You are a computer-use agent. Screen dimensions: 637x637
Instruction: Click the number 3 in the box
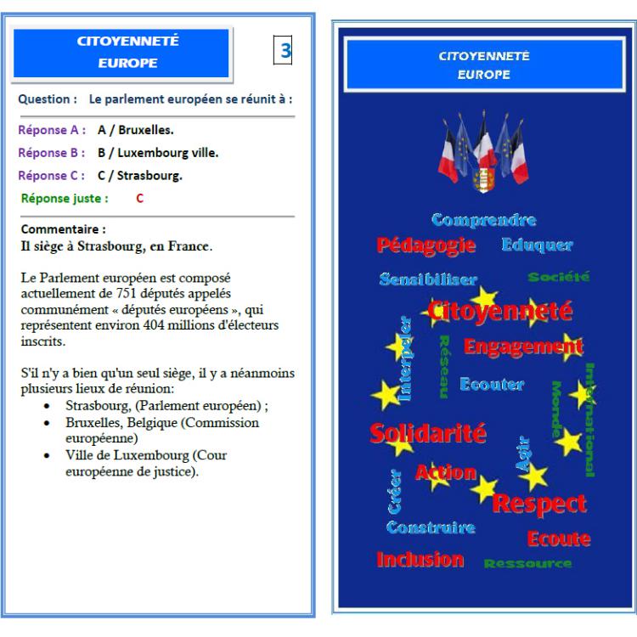click(286, 50)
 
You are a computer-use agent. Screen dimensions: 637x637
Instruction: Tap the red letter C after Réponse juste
click(139, 199)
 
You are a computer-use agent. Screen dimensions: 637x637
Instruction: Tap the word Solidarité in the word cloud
click(428, 432)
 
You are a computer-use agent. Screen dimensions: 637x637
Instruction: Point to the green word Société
click(558, 277)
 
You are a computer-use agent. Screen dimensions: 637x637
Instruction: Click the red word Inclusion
click(420, 560)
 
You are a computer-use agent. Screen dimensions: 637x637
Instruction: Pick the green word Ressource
click(527, 563)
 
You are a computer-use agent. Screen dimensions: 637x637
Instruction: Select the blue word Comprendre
click(483, 221)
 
